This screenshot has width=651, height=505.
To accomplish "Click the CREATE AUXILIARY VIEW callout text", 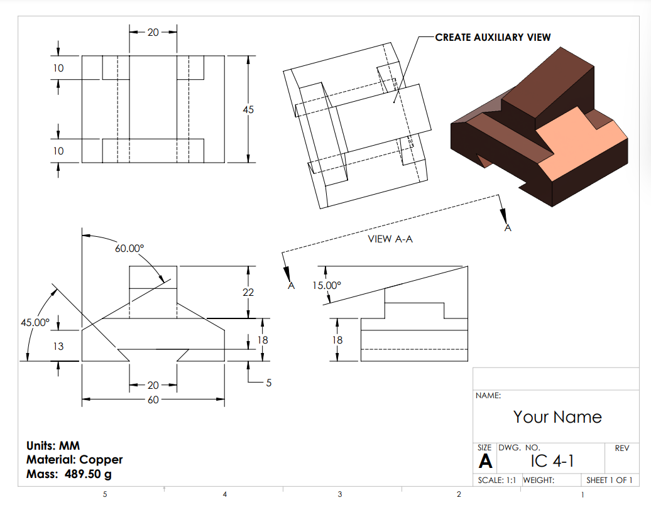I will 493,37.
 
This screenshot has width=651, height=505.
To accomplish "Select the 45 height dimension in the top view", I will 248,109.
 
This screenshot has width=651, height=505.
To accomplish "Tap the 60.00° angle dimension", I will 129,248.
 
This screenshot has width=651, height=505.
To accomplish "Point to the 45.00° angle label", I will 35,322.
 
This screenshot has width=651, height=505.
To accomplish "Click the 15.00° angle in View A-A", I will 327,285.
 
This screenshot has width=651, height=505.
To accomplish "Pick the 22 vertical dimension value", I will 249,292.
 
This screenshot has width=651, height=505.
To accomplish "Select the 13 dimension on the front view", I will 58,346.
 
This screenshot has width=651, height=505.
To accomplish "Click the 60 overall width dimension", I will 153,399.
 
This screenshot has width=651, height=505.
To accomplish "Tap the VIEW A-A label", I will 390,239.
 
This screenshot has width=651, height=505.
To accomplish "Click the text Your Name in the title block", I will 557,417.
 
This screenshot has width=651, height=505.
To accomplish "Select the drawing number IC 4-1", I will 552,461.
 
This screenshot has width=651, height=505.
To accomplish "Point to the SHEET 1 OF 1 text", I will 609,481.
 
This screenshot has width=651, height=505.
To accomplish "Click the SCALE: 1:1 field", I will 497,481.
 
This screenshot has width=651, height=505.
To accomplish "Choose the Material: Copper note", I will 74,460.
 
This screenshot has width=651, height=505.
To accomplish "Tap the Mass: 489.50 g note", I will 69,474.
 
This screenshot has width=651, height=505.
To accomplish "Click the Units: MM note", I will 53,446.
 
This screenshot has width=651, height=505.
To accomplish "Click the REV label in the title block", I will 621,448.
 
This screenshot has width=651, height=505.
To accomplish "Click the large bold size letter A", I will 485,462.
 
